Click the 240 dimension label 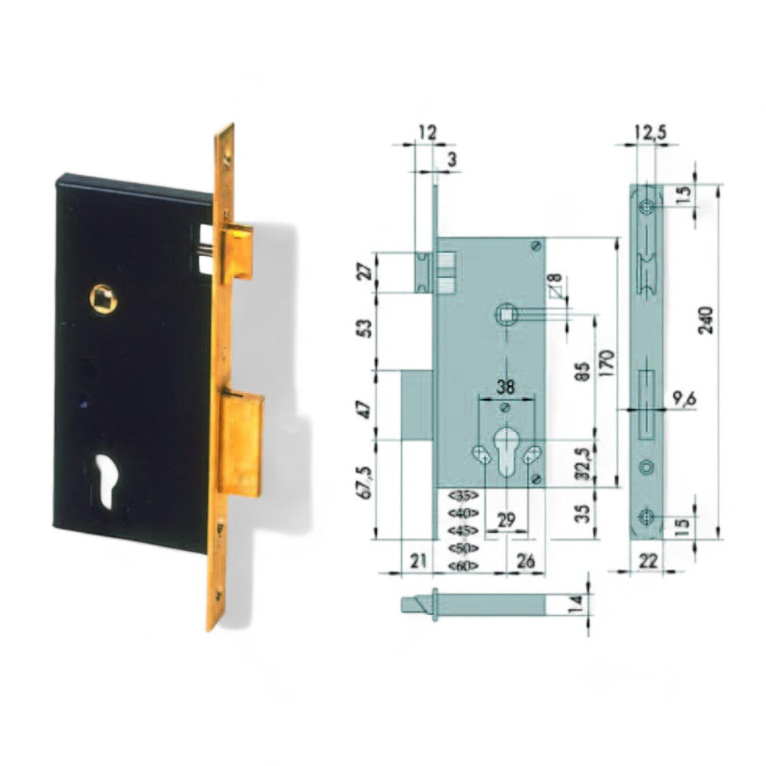pyautogui.click(x=707, y=320)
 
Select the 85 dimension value pyautogui.click(x=583, y=369)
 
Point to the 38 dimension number pyautogui.click(x=506, y=388)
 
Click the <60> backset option pyautogui.click(x=463, y=566)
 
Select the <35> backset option pyautogui.click(x=463, y=496)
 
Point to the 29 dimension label pyautogui.click(x=506, y=520)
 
